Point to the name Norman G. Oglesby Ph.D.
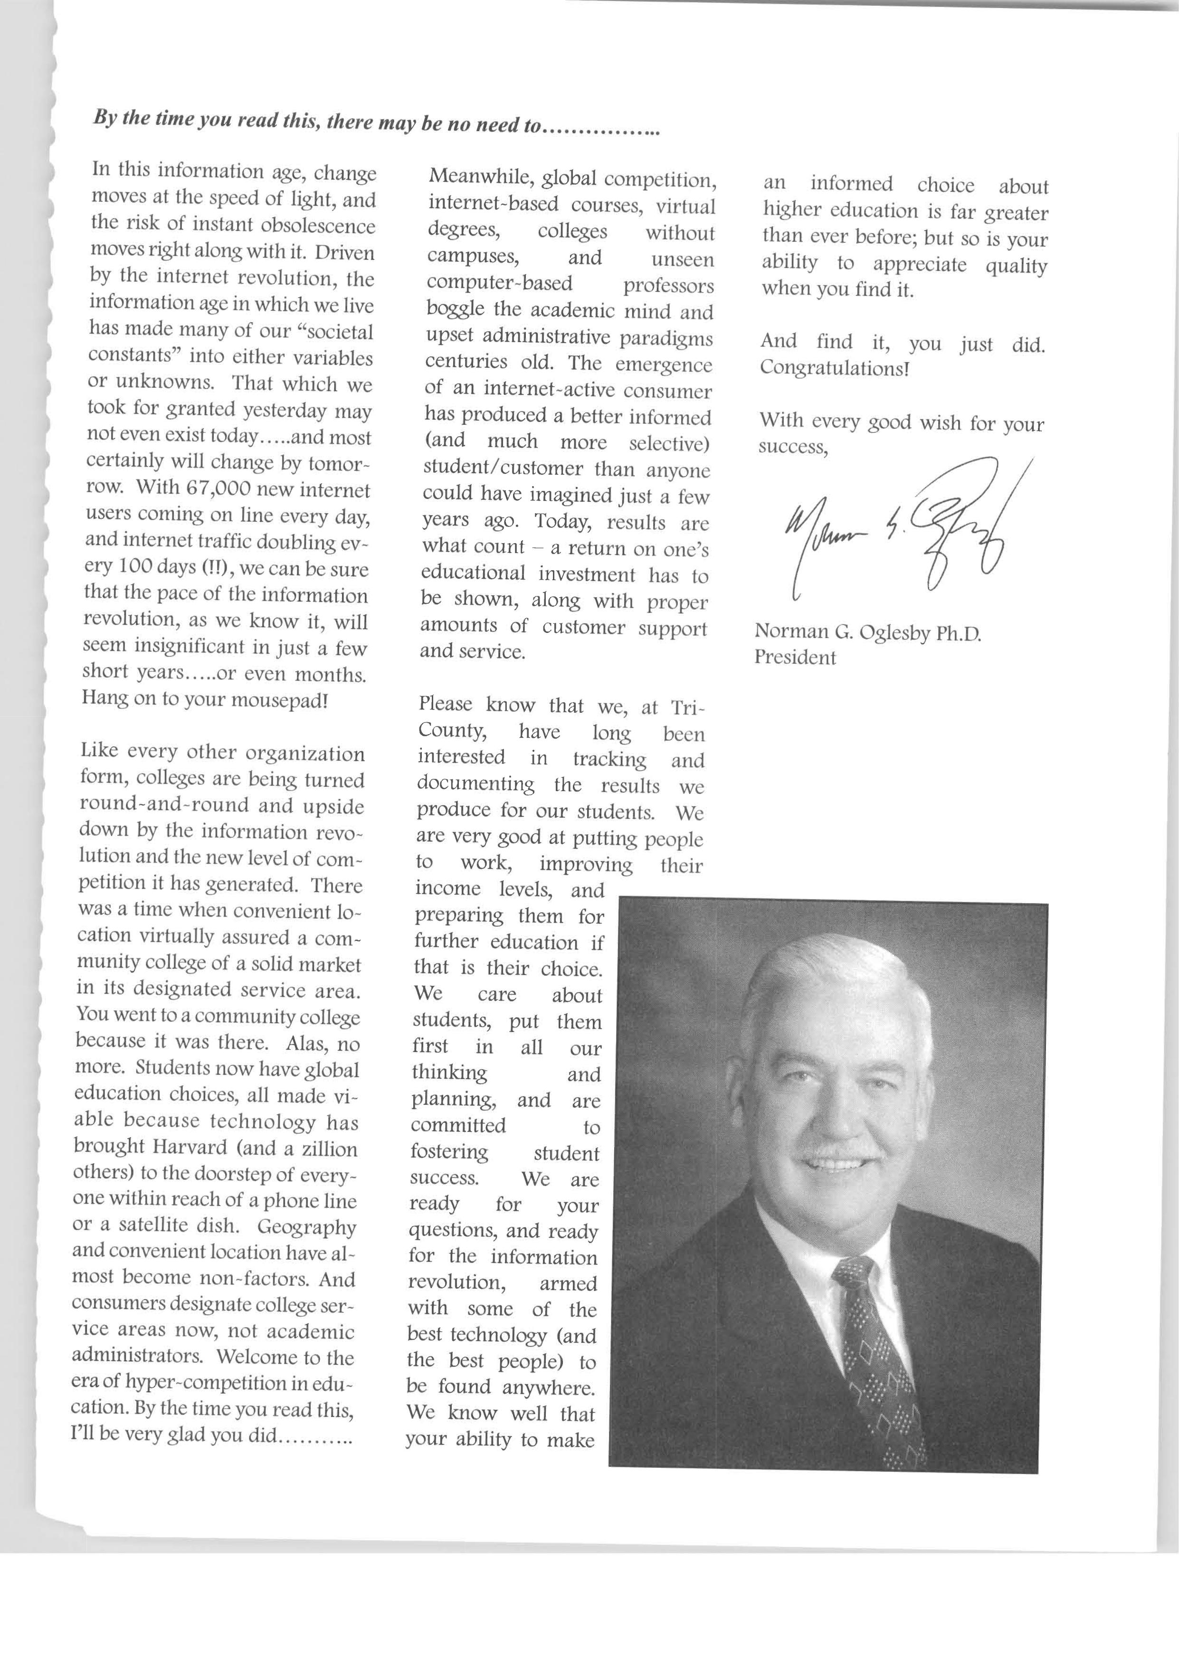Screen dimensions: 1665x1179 coord(867,632)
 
